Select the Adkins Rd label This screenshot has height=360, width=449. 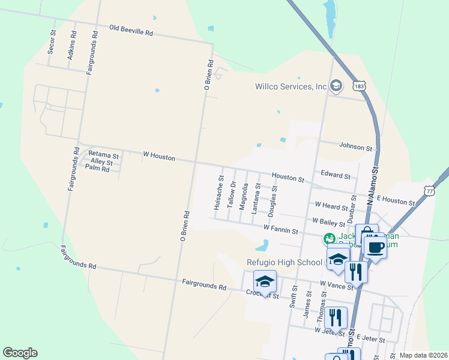[73, 43]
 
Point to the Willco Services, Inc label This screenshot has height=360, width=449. [291, 86]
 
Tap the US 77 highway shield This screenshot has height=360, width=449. [429, 190]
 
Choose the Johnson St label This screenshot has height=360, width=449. [356, 146]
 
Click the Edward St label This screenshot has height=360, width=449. [335, 176]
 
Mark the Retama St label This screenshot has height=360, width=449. [104, 155]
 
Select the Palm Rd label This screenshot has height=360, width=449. [97, 169]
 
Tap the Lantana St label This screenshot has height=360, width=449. [257, 199]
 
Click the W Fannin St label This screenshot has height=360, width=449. [281, 228]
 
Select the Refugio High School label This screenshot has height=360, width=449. [285, 262]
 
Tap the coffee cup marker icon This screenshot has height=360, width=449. [375, 247]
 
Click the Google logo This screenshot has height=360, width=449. [20, 353]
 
